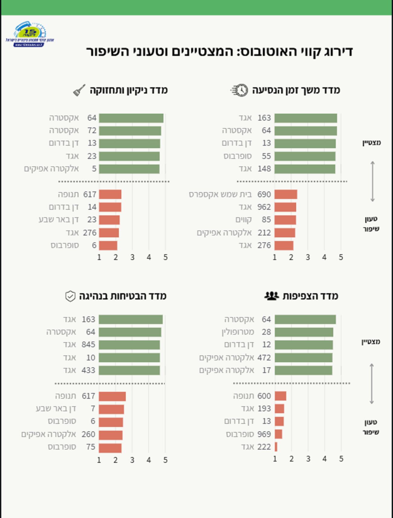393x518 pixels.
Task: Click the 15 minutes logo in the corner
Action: pos(30,34)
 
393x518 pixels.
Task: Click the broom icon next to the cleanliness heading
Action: pos(79,90)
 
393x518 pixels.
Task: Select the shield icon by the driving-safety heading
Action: pos(70,296)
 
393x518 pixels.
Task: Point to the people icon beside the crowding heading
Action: pos(271,296)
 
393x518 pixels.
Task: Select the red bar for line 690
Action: pos(286,194)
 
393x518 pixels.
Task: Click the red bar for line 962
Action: pos(285,207)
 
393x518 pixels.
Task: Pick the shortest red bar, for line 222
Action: pos(276,447)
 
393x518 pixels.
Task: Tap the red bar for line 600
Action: pos(280,396)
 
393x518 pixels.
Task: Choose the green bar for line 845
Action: pos(129,345)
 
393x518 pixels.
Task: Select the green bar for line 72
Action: pos(130,131)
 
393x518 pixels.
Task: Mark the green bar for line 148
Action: pos(305,169)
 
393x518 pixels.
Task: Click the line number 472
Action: pos(264,358)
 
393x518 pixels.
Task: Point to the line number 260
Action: pos(88,434)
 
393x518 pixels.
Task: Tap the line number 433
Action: pos(88,370)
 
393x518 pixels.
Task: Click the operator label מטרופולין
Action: pos(238,332)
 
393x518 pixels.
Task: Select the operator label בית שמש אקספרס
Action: pos(220,194)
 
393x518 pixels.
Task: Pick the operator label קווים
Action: pos(243,220)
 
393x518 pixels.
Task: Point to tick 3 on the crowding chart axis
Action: pos(308,459)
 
